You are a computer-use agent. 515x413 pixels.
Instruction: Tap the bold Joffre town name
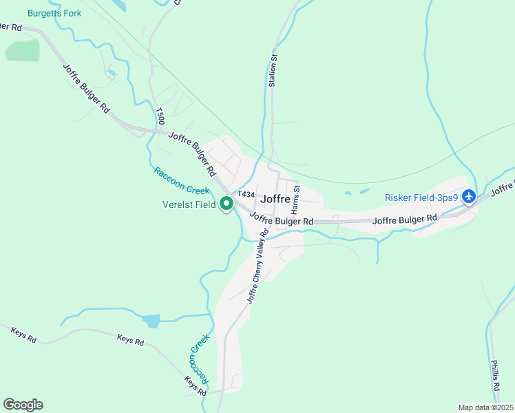pyautogui.click(x=277, y=199)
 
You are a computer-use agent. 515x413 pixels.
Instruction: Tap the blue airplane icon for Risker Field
pyautogui.click(x=470, y=197)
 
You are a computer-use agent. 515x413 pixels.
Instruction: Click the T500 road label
pyautogui.click(x=160, y=116)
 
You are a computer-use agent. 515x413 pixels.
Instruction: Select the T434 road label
pyautogui.click(x=246, y=195)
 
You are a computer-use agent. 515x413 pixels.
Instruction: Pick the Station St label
pyautogui.click(x=273, y=71)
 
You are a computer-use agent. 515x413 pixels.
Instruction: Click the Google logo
pyautogui.click(x=23, y=405)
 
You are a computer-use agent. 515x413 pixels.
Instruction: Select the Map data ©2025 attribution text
pyautogui.click(x=485, y=407)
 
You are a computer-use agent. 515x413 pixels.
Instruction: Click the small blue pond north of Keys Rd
pyautogui.click(x=151, y=320)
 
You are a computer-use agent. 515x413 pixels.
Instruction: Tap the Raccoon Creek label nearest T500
pyautogui.click(x=181, y=180)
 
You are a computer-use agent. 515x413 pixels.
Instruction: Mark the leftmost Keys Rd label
pyautogui.click(x=23, y=335)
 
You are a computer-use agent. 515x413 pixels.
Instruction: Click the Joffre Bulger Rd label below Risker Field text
pyautogui.click(x=405, y=219)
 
